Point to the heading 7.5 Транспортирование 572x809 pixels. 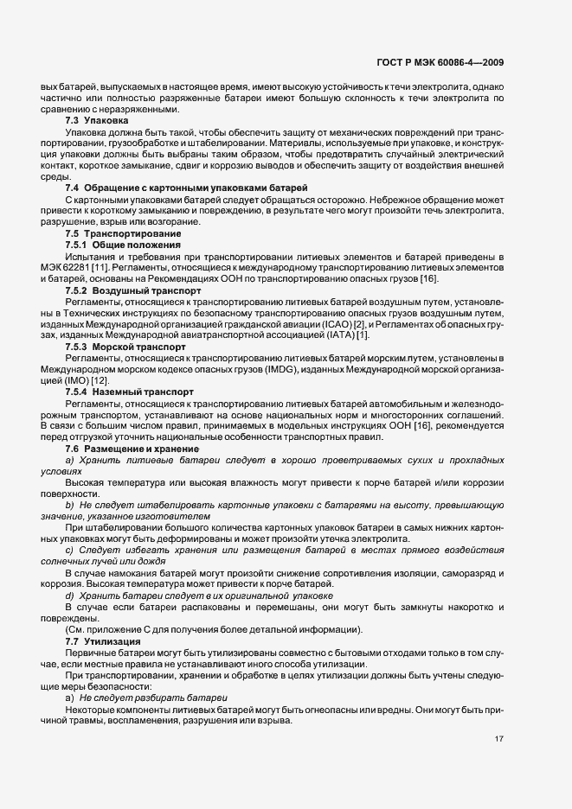pyautogui.click(x=123, y=233)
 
